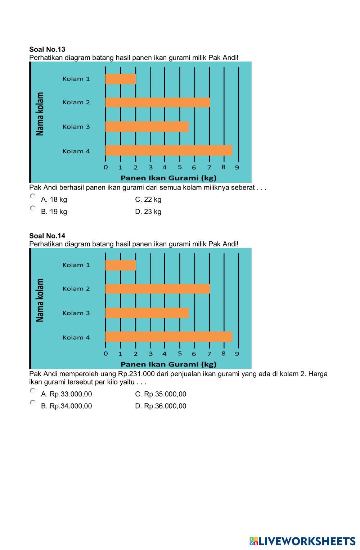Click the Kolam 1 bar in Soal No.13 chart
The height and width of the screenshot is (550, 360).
(121, 79)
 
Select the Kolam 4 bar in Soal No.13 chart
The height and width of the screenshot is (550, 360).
(168, 150)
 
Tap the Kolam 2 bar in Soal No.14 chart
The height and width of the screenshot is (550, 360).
(157, 288)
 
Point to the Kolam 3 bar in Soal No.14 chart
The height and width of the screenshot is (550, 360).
(147, 313)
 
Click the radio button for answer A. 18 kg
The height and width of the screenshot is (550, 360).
(33, 196)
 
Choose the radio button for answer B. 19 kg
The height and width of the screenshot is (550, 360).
(33, 208)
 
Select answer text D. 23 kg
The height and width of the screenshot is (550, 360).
(148, 212)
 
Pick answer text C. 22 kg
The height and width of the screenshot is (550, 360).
(148, 199)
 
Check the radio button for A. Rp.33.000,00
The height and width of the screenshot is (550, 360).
(33, 391)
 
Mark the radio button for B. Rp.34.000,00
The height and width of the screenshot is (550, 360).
(33, 403)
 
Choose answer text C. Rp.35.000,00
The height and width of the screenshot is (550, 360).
(161, 394)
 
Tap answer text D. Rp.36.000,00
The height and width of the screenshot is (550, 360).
(161, 406)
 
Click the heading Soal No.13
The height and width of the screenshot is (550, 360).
(47, 49)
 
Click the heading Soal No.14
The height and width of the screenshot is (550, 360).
(47, 236)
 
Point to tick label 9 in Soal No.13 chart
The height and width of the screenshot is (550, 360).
(237, 167)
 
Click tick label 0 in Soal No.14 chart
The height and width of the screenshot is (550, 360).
(105, 354)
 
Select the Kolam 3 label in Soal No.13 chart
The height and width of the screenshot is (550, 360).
(76, 127)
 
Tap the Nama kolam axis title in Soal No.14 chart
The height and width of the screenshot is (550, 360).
(40, 300)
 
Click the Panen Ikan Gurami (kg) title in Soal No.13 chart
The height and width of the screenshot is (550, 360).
(168, 178)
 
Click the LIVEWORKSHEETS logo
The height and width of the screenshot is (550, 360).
(302, 541)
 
